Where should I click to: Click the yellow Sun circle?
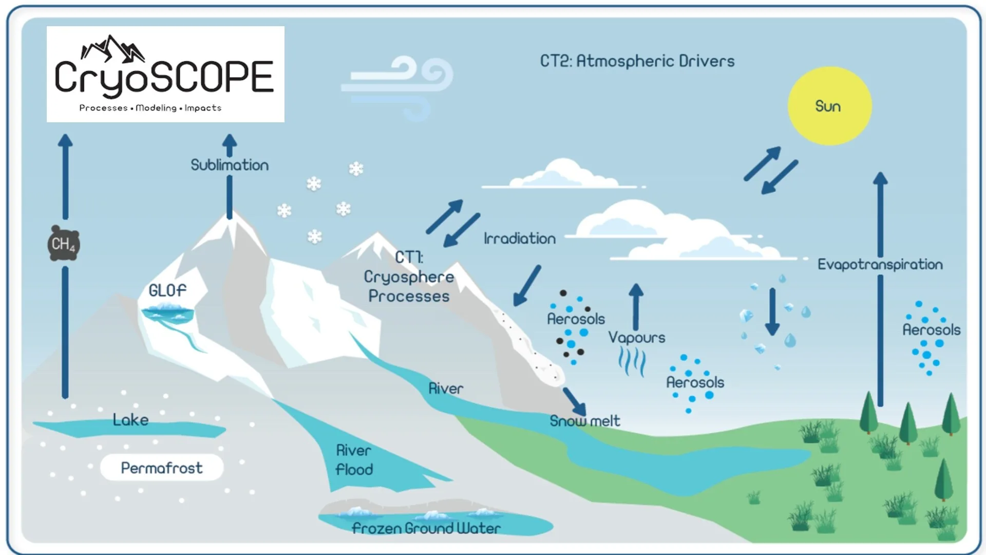click(x=829, y=106)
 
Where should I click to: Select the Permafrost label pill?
click(x=162, y=468)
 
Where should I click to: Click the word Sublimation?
click(x=230, y=165)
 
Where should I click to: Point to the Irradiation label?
click(x=519, y=238)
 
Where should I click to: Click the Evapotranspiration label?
click(x=880, y=264)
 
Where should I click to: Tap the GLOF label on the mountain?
click(x=167, y=290)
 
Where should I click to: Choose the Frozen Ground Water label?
click(x=426, y=528)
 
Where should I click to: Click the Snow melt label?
click(x=584, y=421)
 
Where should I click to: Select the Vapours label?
click(x=636, y=337)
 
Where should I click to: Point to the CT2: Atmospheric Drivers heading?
click(x=637, y=61)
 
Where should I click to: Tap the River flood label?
click(x=354, y=459)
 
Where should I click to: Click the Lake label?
click(x=130, y=420)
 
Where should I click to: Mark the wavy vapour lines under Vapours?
click(x=632, y=361)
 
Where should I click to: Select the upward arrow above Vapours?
click(x=636, y=306)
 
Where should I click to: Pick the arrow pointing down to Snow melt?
click(x=574, y=401)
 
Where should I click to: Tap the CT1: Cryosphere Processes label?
click(x=409, y=276)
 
